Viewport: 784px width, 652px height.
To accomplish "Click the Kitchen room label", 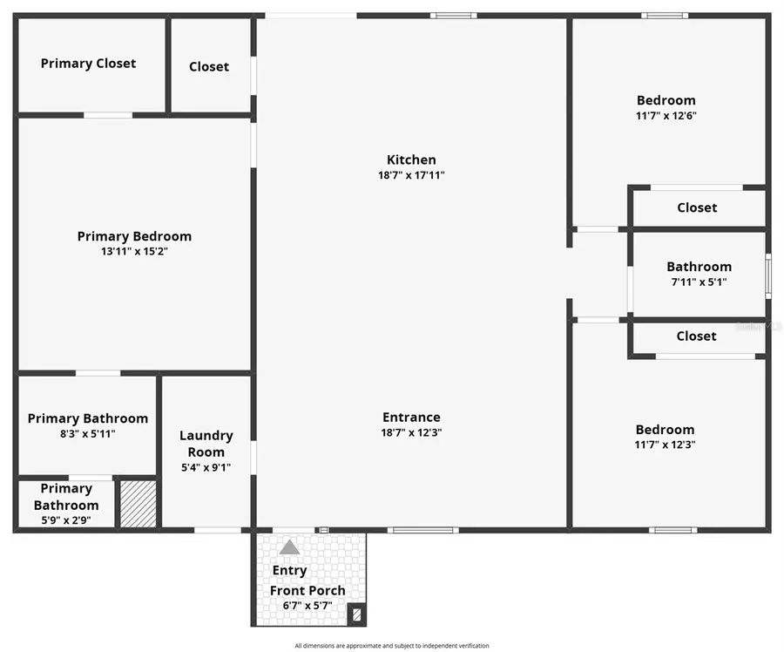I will [411, 160].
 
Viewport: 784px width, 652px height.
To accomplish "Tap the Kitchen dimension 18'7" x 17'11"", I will [411, 175].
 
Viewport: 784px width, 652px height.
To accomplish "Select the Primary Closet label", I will [88, 63].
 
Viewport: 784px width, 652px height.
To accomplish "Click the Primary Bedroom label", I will [134, 236].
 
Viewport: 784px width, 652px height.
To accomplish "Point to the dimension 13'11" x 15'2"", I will [134, 252].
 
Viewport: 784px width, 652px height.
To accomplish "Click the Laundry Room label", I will [206, 444].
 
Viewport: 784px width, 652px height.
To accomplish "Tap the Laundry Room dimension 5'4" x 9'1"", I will [206, 467].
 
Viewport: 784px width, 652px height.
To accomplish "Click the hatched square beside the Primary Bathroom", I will [138, 503].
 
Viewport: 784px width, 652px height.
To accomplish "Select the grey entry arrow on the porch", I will [289, 547].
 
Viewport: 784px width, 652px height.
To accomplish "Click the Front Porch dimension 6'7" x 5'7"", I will [307, 606].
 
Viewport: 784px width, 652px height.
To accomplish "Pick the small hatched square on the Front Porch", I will [355, 615].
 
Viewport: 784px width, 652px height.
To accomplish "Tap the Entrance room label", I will [411, 417].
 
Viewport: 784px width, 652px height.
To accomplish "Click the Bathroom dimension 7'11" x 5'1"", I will [699, 282].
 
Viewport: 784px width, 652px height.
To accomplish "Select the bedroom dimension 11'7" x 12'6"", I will [666, 115].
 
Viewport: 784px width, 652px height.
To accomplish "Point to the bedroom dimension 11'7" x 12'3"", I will [666, 445].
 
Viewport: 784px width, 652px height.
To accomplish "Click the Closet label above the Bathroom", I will [697, 207].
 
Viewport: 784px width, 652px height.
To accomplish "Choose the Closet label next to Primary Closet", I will [209, 66].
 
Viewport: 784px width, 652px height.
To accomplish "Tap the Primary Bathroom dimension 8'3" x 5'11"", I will [88, 433].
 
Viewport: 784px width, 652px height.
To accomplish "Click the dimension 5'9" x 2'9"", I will [66, 520].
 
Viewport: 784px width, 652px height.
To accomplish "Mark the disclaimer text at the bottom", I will [391, 646].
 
